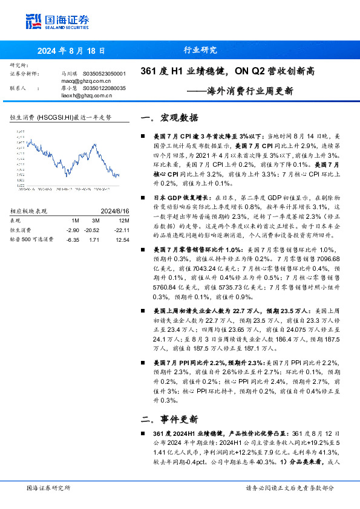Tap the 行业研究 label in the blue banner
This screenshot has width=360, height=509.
click(199, 51)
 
